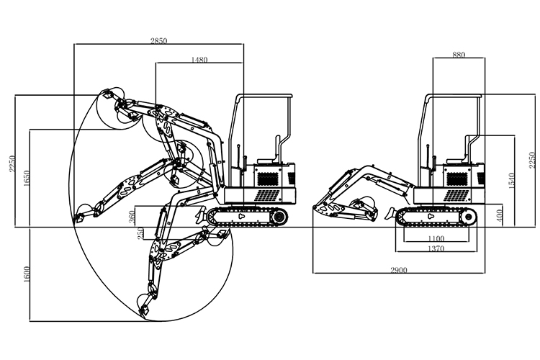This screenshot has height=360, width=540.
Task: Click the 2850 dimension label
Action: tap(158, 41)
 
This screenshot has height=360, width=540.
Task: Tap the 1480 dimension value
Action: tap(199, 60)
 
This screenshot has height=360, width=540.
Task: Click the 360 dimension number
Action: tap(131, 216)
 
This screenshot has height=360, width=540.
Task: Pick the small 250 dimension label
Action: tap(141, 233)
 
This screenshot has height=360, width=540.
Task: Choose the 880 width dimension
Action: tap(458, 55)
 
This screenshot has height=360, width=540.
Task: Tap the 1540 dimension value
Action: tap(512, 181)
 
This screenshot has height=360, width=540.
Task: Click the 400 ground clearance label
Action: tap(499, 215)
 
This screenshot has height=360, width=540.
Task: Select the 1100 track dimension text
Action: tap(436, 238)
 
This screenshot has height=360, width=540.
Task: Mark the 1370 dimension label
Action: tap(436, 248)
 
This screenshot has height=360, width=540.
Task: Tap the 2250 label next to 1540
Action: tap(531, 160)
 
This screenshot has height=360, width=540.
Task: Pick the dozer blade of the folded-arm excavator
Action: tap(389, 213)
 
